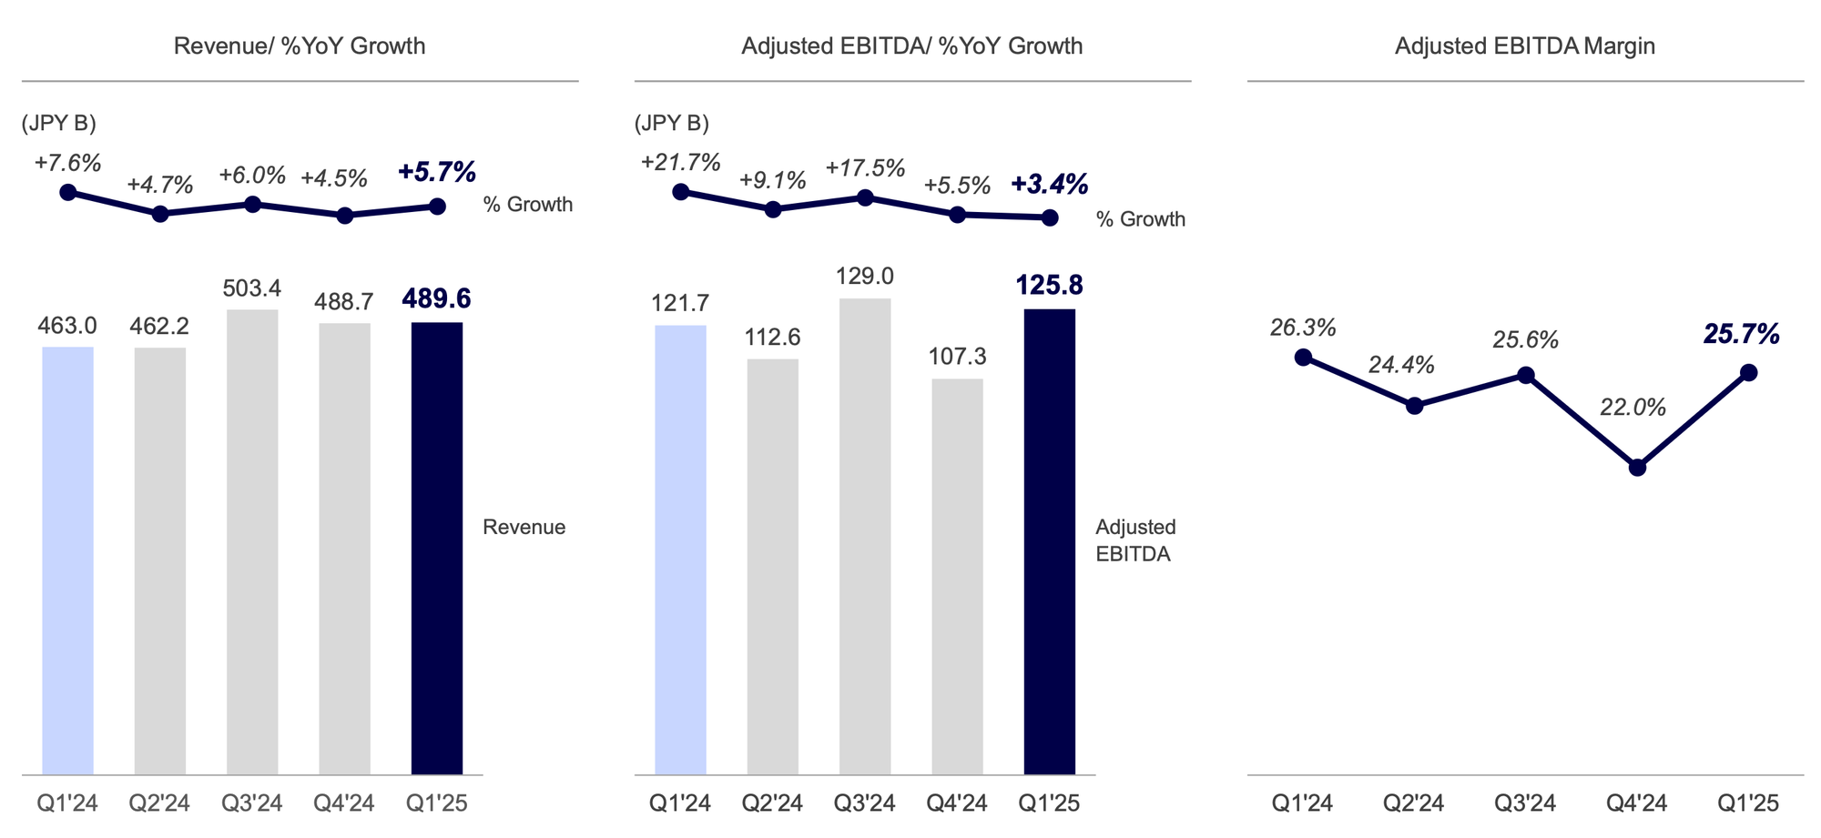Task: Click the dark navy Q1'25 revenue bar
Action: pyautogui.click(x=437, y=548)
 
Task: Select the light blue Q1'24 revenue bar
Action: pyautogui.click(x=67, y=560)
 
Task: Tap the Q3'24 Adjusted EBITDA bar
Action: pyautogui.click(x=865, y=536)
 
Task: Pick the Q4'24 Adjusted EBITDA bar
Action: pyautogui.click(x=957, y=576)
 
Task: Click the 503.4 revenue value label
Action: pyautogui.click(x=252, y=289)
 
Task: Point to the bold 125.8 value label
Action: pyautogui.click(x=1049, y=286)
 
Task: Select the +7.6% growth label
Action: pyautogui.click(x=67, y=163)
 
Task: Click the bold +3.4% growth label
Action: pyautogui.click(x=1049, y=185)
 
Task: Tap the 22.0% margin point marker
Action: pyautogui.click(x=1637, y=468)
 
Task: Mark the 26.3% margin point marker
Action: pyautogui.click(x=1303, y=357)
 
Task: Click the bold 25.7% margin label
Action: pyautogui.click(x=1741, y=334)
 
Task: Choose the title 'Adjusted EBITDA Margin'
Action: pyautogui.click(x=1524, y=46)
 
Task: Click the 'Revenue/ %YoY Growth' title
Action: pyautogui.click(x=300, y=46)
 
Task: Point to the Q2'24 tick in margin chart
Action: pyautogui.click(x=1413, y=803)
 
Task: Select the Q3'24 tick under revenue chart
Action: pyautogui.click(x=252, y=803)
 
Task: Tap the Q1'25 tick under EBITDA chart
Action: pyautogui.click(x=1049, y=803)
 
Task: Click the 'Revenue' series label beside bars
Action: pyautogui.click(x=524, y=527)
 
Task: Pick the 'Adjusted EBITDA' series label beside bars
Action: pyautogui.click(x=1134, y=540)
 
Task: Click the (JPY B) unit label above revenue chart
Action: pyautogui.click(x=59, y=124)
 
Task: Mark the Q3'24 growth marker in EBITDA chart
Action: pyautogui.click(x=865, y=197)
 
